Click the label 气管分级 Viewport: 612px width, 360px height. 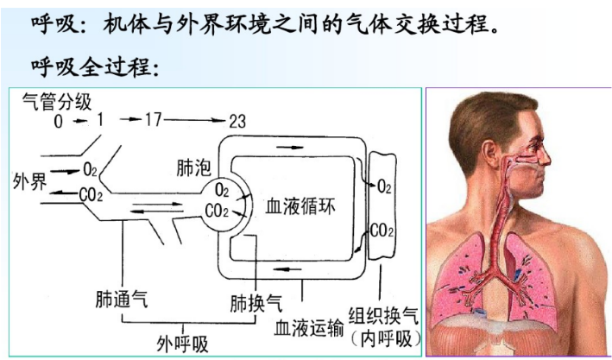[x=57, y=101]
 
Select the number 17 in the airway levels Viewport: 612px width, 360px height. [x=153, y=120]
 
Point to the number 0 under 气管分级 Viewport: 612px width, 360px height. [x=59, y=122]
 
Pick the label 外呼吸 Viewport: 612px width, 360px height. [x=183, y=343]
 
